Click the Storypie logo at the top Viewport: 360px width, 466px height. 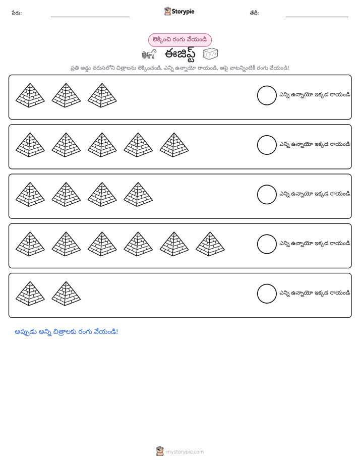[179, 11]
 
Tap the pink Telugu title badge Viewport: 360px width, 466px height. [179, 40]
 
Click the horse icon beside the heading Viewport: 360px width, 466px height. [149, 54]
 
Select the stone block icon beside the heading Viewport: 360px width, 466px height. [210, 54]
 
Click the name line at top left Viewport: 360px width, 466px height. [90, 17]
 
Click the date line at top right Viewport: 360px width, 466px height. [317, 17]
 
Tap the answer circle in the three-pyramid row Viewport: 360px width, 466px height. [267, 95]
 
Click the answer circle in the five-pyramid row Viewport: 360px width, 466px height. [267, 145]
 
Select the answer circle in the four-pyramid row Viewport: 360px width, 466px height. [267, 195]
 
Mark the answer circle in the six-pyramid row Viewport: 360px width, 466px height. [267, 244]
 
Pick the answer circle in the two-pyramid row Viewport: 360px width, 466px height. [267, 294]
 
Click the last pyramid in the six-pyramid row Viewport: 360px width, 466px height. [210, 244]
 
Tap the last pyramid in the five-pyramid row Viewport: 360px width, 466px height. [174, 145]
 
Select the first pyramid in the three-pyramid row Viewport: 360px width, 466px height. [30, 95]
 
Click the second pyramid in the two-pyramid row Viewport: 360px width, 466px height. [66, 294]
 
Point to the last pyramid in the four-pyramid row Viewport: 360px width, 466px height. [138, 195]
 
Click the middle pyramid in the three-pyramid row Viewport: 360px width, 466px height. [66, 95]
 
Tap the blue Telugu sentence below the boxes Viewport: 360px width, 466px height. [66, 332]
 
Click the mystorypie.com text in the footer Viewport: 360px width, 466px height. [185, 452]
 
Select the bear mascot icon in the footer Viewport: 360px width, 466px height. [160, 451]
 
